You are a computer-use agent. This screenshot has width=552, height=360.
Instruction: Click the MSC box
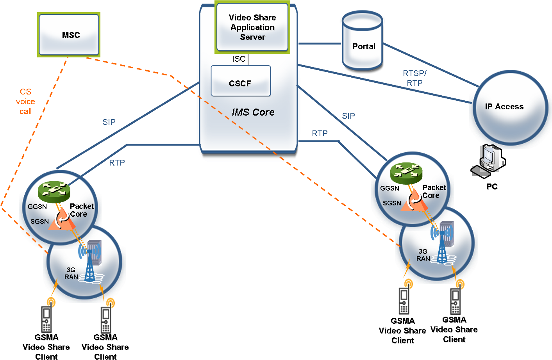(69, 35)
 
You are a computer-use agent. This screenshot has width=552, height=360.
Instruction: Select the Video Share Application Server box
(252, 27)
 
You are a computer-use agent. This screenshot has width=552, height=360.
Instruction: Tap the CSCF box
(241, 81)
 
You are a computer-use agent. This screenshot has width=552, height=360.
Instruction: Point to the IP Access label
(504, 107)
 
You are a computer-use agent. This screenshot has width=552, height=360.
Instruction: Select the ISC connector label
(239, 59)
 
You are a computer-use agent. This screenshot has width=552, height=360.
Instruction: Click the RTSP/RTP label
(415, 78)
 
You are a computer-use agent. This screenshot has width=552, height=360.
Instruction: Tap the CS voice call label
(25, 102)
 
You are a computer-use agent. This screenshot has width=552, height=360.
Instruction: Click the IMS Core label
(253, 112)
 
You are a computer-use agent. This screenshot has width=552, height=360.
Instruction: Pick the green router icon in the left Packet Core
(54, 192)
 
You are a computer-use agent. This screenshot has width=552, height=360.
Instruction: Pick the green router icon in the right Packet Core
(406, 173)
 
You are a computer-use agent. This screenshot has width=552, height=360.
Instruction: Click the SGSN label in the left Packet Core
(40, 222)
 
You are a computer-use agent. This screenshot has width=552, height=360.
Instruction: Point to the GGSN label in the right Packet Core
(389, 188)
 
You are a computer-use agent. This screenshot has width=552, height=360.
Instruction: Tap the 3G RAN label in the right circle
(423, 255)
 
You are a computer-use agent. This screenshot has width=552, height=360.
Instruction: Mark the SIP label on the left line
(109, 122)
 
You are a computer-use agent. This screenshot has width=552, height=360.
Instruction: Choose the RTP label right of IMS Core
(320, 134)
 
